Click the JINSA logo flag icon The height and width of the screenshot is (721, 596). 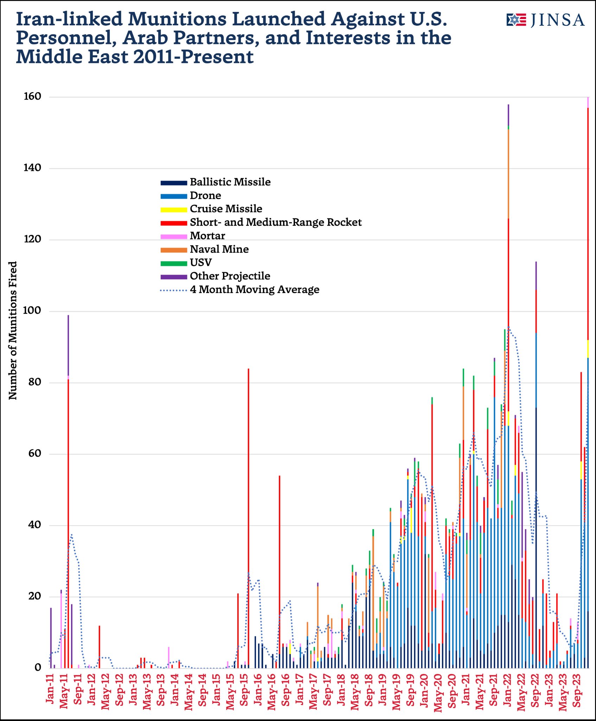click(x=516, y=20)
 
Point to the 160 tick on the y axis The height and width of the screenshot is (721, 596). click(x=32, y=96)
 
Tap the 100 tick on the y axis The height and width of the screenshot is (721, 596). click(x=32, y=311)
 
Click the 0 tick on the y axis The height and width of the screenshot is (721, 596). click(x=38, y=668)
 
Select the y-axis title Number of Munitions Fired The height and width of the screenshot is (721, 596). click(x=13, y=331)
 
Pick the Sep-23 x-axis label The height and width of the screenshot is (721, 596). click(x=577, y=689)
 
